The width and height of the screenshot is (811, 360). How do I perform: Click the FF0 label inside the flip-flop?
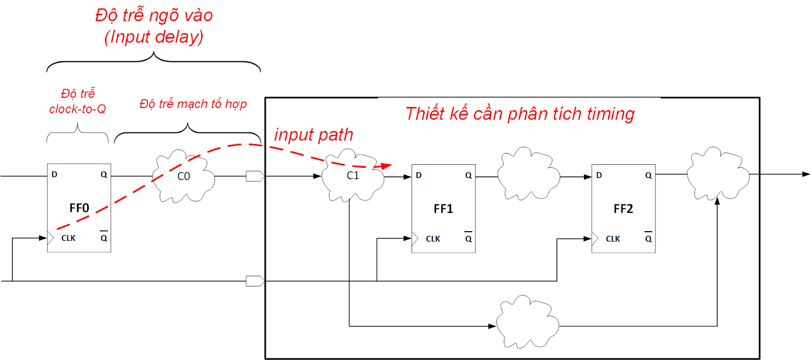[79, 208]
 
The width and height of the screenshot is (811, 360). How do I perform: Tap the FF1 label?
[443, 209]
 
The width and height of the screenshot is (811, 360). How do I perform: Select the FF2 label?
[623, 209]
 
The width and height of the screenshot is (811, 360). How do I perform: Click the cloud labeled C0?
[183, 176]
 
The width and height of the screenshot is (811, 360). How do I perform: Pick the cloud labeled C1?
[353, 175]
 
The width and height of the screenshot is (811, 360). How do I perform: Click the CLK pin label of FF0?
[68, 238]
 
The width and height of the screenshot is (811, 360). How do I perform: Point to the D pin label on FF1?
[419, 175]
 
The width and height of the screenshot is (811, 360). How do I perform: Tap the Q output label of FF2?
[648, 175]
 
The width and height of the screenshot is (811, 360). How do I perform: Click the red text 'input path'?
[313, 135]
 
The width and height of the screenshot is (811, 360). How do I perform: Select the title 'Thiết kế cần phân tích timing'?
[520, 114]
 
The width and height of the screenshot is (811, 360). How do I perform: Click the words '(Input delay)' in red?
[154, 37]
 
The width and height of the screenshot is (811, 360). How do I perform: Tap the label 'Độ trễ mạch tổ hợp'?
[193, 104]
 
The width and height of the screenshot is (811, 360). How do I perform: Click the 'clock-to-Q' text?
[78, 109]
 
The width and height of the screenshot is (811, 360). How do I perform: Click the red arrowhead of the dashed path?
[386, 166]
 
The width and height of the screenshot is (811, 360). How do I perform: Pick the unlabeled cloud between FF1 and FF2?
[528, 175]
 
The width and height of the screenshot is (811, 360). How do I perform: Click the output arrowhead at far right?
[806, 174]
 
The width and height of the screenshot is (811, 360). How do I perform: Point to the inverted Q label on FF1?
[468, 238]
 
